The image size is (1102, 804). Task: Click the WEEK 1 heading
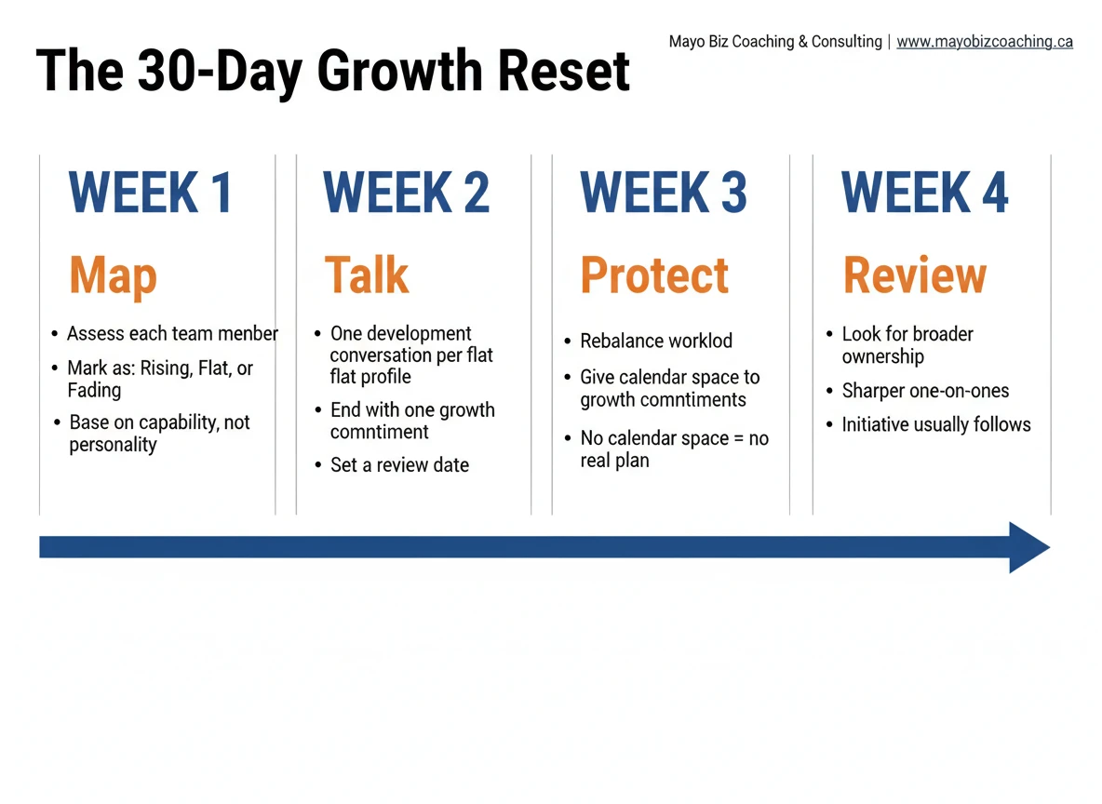coord(150,193)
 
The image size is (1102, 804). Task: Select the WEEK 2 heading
coord(406,193)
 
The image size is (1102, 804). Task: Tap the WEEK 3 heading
coord(663,193)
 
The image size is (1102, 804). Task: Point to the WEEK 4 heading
coord(924,193)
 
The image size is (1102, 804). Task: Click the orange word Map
coord(113,275)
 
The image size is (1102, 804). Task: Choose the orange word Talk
coord(367,275)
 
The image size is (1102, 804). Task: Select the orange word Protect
coord(654,275)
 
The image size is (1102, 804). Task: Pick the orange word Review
coord(914,275)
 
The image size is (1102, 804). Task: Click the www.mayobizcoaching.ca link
coord(984,42)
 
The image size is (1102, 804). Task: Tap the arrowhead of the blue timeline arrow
coord(1028,547)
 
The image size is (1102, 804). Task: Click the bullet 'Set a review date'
coord(399,465)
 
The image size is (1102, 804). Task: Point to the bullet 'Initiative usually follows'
coord(936,425)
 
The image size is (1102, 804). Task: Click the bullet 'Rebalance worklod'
coord(656,341)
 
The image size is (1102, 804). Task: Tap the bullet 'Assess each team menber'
coord(172,333)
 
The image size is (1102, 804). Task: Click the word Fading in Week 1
coord(94,390)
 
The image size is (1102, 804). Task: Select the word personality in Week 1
coord(113,445)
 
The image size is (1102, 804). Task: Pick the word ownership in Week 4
coord(882,356)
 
